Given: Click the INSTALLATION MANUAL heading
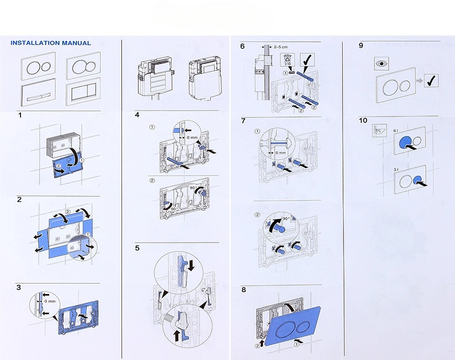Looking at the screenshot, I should (51, 43).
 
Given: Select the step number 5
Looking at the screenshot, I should (137, 248).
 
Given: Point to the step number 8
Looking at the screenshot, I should (243, 289).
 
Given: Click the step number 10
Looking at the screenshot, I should (362, 121).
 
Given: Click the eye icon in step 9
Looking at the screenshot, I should (380, 63).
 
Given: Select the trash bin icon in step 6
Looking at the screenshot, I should (288, 59).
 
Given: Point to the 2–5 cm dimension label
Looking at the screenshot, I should (281, 46).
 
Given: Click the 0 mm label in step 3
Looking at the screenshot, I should (51, 301).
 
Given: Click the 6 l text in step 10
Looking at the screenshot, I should (396, 131).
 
